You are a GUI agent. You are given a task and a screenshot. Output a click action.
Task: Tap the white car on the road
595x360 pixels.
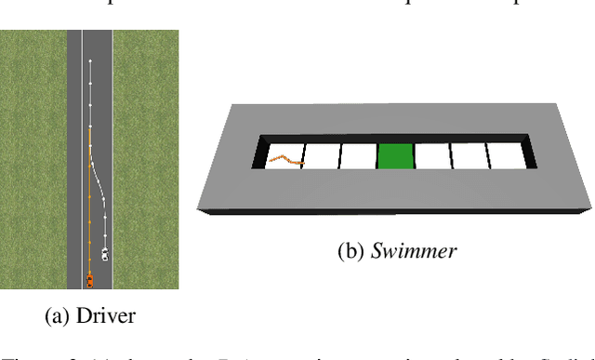[x=105, y=253]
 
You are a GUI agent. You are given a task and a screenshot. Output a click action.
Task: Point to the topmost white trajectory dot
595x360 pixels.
[x=90, y=62]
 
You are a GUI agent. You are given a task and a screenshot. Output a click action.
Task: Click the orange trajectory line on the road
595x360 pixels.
[x=89, y=205]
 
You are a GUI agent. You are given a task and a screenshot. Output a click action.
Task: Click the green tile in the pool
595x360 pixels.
[x=394, y=156]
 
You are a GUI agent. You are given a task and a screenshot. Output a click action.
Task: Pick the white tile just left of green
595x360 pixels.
[x=357, y=156]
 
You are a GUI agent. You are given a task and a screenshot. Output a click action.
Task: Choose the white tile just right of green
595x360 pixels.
[x=432, y=156]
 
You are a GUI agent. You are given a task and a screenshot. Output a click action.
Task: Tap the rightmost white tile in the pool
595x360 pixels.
[x=504, y=156]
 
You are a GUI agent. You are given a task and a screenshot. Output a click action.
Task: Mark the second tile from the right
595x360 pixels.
[x=469, y=156]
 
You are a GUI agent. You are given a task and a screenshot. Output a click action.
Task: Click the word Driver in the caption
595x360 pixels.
[x=105, y=316]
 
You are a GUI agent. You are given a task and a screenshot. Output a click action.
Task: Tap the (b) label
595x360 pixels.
[x=350, y=251]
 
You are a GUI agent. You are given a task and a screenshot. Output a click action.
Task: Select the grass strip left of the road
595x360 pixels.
[x=33, y=158]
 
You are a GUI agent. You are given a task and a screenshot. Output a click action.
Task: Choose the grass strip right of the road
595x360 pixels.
[x=145, y=158]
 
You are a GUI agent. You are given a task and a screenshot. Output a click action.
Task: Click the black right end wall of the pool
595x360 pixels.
[x=530, y=153]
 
